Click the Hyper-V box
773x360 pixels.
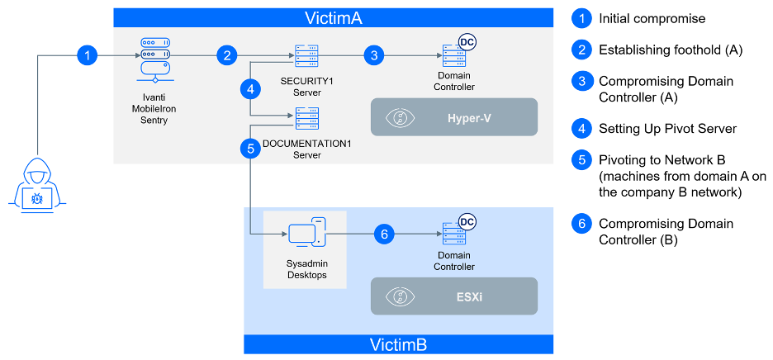pos(453,117)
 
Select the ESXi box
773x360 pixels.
pos(453,296)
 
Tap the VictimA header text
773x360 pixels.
pos(333,17)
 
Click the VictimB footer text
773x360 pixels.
pos(398,344)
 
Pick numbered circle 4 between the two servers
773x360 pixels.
pos(249,88)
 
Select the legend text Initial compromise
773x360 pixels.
pos(652,18)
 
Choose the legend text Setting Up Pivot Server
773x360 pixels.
pos(667,128)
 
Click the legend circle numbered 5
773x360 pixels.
pos(581,159)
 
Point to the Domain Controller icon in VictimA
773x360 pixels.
pos(453,54)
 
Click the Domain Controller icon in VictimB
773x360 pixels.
pos(453,234)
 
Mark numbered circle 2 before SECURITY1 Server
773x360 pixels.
pos(228,55)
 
